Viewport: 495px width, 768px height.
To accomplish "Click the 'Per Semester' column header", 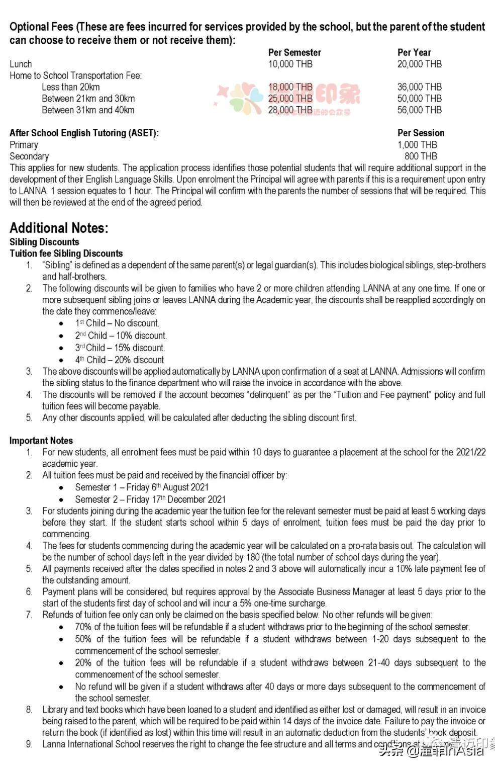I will (294, 52).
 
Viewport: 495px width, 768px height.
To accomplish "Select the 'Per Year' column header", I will (414, 52).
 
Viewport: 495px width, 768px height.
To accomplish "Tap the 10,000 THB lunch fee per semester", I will (290, 64).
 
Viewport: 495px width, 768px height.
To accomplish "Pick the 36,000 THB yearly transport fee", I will (420, 87).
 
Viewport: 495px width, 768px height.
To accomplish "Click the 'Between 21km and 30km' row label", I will (88, 99).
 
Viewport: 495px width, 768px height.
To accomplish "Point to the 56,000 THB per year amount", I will (420, 110).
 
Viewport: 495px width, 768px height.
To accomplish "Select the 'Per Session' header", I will (421, 133).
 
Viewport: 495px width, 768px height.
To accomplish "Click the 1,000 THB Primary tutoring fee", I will (417, 145).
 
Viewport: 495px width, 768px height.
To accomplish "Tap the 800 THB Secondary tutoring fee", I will (421, 156).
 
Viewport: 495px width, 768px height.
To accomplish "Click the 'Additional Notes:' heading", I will (59, 228).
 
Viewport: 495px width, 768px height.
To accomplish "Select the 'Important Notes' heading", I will (41, 441).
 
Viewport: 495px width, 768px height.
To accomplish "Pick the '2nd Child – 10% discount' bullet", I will (121, 335).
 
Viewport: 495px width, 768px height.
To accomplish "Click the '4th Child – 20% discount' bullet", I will (120, 360).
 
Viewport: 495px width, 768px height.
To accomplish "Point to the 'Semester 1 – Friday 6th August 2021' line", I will (142, 487).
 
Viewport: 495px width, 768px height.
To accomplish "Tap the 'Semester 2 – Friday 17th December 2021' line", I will (150, 499).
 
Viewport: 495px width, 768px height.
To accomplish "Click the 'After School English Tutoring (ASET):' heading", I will (84, 133).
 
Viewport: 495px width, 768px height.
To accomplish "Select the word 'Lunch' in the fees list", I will (21, 64).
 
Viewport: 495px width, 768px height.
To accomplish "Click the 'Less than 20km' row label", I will (70, 87).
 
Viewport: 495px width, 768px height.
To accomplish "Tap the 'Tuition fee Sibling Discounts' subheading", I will (66, 253).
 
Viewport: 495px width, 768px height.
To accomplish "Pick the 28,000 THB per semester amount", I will (290, 110).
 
